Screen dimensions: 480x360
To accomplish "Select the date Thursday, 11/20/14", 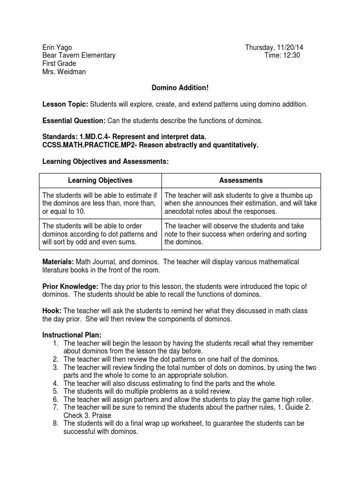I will point(277,47).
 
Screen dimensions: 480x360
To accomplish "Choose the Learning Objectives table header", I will point(100,180).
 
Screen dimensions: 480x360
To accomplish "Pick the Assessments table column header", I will point(241,180).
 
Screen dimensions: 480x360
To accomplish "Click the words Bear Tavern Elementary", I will point(79,55).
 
